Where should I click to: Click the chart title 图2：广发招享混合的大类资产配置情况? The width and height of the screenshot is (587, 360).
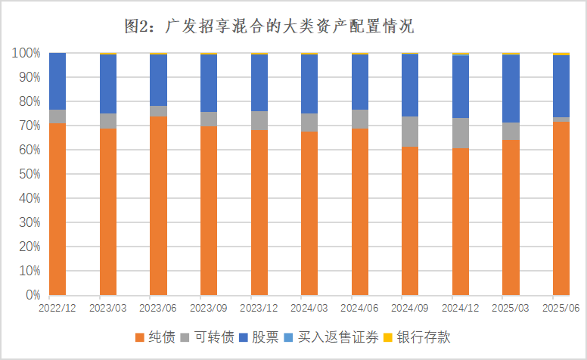point(270,27)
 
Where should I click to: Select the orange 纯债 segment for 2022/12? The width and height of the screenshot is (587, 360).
point(57,209)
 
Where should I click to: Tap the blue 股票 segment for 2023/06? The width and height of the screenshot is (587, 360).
point(158,80)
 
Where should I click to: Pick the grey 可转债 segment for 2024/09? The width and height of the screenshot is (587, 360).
point(410,131)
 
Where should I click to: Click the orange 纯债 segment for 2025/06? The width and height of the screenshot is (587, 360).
point(561,208)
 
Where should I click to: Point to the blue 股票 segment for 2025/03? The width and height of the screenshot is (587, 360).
point(511,88)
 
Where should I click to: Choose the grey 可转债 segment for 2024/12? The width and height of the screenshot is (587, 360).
point(461,133)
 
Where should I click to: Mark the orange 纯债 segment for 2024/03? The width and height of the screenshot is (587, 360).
point(309,213)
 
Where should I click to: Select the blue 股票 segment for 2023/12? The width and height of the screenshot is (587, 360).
point(259,82)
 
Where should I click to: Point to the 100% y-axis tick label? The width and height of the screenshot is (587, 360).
point(26,54)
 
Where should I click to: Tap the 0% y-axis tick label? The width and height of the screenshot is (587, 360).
point(33,295)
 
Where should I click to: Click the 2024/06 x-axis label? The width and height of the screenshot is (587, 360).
point(360,308)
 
